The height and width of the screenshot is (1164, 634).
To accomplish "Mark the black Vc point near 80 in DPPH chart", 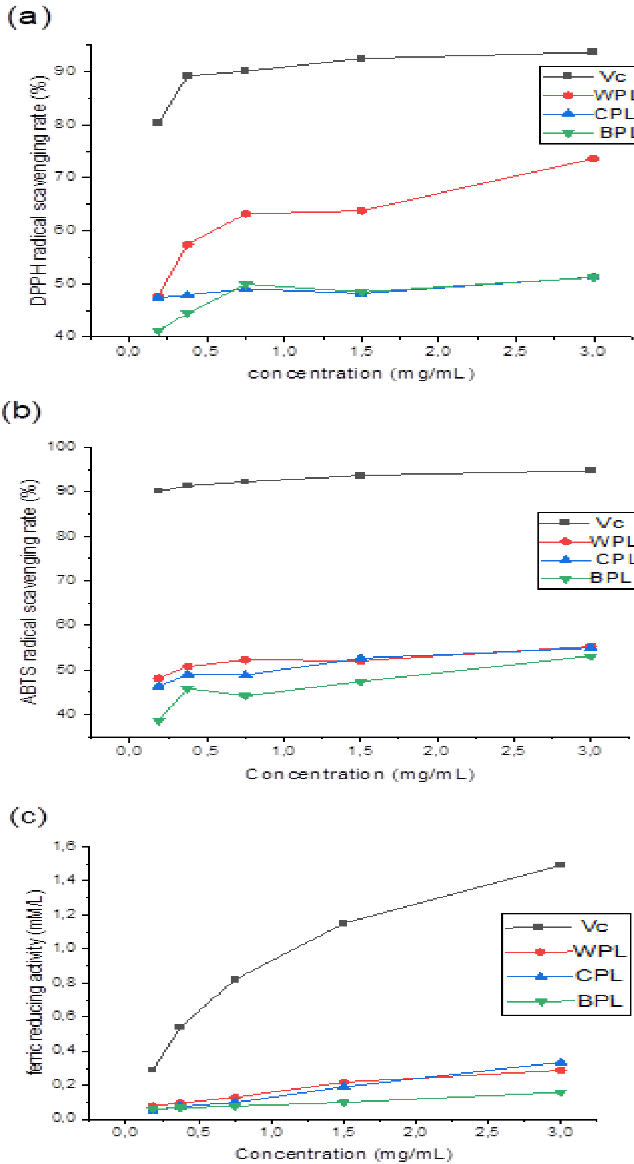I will [x=157, y=122].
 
